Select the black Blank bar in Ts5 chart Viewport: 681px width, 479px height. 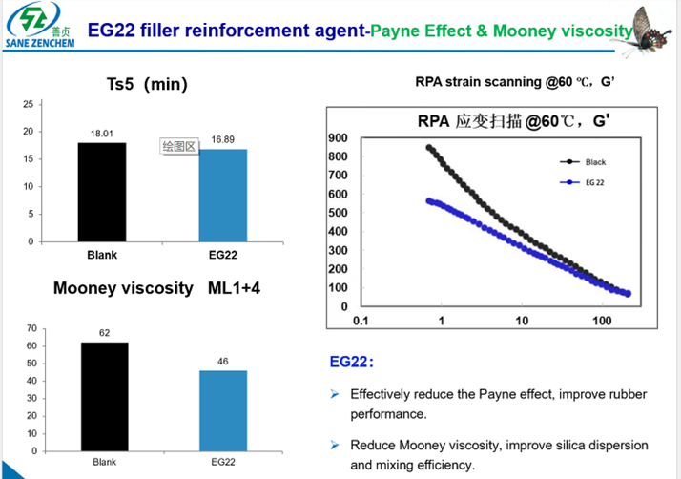[x=102, y=192]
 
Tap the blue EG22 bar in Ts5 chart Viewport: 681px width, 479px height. [x=222, y=195]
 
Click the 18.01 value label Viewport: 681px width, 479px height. [x=102, y=135]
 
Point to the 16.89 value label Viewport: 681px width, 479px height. [x=223, y=140]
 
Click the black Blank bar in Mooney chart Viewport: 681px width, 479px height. [x=104, y=396]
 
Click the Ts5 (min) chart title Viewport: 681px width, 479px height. [x=153, y=84]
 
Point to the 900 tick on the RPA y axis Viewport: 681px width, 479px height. [x=337, y=138]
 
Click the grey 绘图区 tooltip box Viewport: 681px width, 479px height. [x=178, y=146]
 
